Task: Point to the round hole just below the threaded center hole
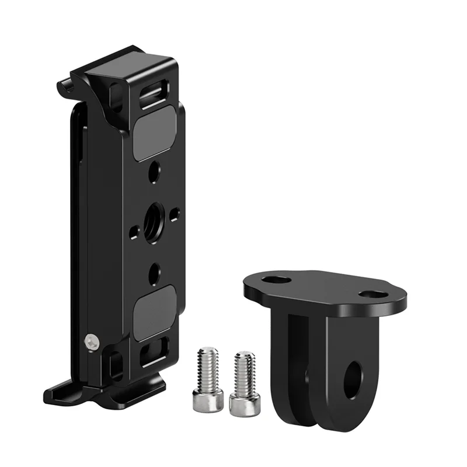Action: [154, 270]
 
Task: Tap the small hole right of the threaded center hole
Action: [174, 215]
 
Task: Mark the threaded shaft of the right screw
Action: [244, 371]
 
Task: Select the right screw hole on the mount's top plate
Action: [372, 294]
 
